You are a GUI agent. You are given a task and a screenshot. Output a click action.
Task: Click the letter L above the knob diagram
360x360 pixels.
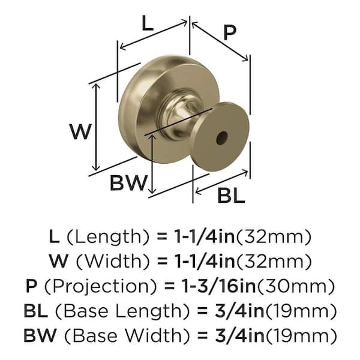point(147,23)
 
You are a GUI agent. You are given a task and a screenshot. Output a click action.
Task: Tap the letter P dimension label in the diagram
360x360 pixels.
point(230,33)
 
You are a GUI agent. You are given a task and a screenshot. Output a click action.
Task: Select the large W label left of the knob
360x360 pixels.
point(80,131)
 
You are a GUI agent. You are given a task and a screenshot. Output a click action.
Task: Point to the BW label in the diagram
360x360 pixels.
point(128,183)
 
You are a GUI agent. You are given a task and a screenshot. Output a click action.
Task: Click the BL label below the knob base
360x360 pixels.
point(231,195)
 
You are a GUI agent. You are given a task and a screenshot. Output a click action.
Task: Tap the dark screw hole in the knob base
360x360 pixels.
point(222,138)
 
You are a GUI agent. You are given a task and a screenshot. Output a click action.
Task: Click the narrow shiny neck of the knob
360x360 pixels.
point(181,115)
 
